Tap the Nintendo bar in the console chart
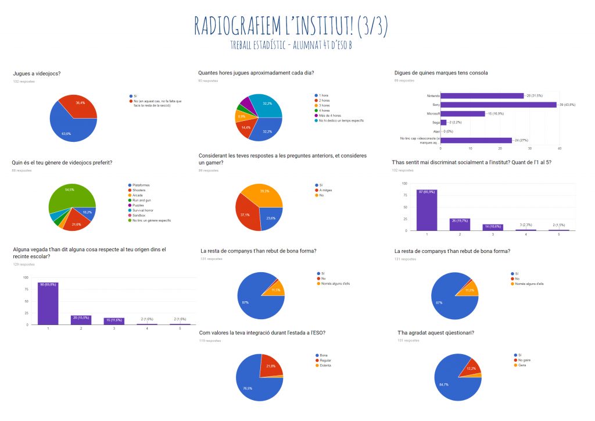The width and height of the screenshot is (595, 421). [x=482, y=95]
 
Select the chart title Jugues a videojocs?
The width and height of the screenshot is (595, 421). [x=36, y=73]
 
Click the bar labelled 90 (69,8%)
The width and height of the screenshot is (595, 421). [x=48, y=303]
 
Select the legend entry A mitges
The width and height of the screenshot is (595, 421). [x=324, y=190]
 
